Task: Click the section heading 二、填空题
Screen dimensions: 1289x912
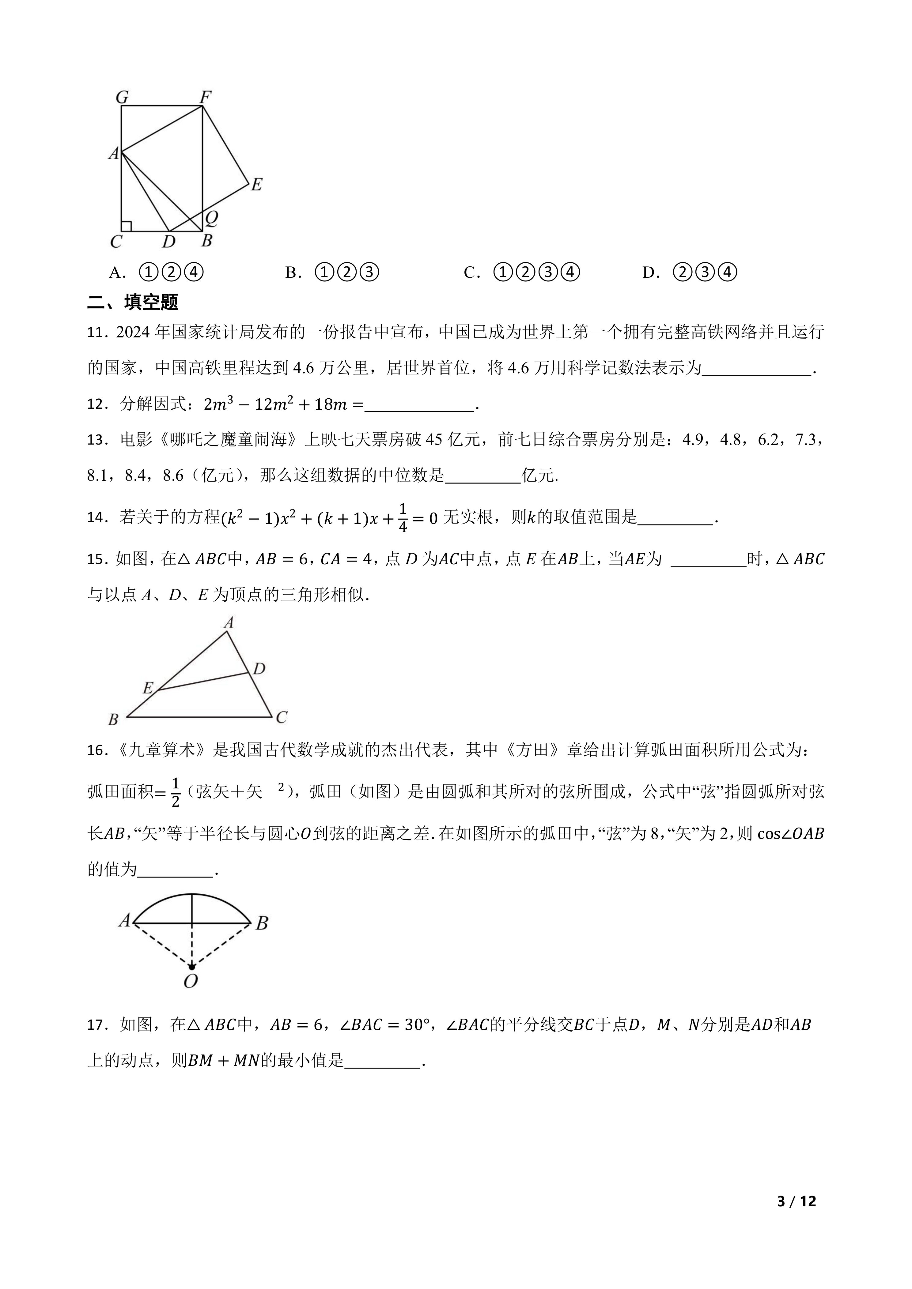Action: [133, 303]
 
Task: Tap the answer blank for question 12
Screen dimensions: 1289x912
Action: [419, 405]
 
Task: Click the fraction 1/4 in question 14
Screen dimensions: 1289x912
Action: [403, 518]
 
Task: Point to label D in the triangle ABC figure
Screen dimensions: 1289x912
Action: [259, 669]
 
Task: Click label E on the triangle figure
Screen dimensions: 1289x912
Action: [148, 688]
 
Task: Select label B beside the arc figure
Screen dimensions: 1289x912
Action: [262, 923]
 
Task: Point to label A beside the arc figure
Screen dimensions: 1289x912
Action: [124, 921]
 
